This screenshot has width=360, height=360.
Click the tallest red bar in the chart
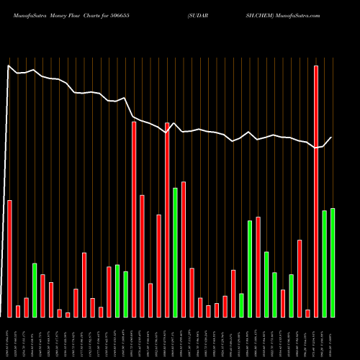coord(315,191)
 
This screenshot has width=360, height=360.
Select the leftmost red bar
coord(9,258)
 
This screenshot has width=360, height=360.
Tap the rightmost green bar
coord(332,262)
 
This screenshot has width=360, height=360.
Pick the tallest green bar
coord(175,252)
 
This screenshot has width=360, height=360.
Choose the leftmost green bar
coord(35,290)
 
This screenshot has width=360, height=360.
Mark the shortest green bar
coord(241,305)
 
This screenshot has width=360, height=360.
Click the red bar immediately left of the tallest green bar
coord(167,220)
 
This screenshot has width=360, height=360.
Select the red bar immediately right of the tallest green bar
coord(184,249)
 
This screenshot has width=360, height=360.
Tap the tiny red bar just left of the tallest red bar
coord(307,313)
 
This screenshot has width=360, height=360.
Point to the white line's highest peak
coord(9,66)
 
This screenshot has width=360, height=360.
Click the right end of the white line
coord(332,138)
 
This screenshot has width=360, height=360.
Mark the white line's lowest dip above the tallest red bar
coord(315,148)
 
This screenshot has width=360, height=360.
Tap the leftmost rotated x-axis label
coord(9,338)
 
